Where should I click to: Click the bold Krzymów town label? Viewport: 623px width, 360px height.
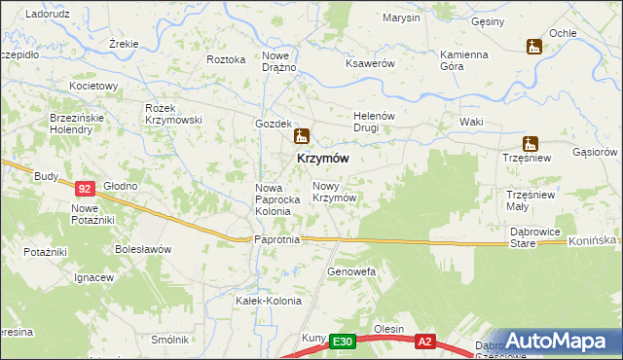pos(316,158)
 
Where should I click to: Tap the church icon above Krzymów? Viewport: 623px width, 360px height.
pos(302,136)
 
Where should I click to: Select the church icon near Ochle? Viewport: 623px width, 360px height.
pos(532,46)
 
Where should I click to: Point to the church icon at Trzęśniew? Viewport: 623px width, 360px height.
pos(531,143)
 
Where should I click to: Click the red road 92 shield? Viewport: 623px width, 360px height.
pos(85,189)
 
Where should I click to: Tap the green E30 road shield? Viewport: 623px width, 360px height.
pos(341,342)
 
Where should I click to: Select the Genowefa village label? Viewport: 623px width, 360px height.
pos(350,271)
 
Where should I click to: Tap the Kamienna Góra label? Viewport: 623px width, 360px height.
pos(463,60)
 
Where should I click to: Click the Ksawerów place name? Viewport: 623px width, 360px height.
pos(369,63)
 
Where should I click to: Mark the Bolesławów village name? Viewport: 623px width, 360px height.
pos(142,248)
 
